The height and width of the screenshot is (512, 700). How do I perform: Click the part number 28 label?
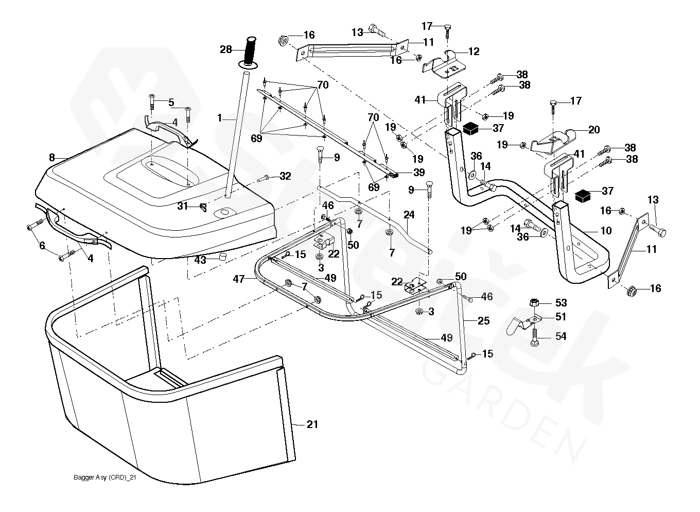tap(226, 49)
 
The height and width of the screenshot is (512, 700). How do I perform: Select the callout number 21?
tap(312, 424)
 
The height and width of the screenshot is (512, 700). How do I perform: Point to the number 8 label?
tap(51, 157)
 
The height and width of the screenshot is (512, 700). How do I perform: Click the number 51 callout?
tap(561, 317)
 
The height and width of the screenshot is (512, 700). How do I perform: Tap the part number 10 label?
tap(606, 231)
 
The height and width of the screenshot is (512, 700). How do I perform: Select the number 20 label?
tap(594, 130)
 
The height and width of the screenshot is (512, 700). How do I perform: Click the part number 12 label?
tap(474, 52)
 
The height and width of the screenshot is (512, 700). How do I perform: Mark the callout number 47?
tap(238, 279)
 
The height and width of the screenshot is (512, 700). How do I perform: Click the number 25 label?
tap(484, 321)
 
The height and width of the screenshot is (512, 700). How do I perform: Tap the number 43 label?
tap(200, 260)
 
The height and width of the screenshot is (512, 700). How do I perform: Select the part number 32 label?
tap(285, 176)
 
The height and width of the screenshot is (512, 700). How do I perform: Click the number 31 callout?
tap(183, 206)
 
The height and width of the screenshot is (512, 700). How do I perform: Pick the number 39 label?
tap(419, 173)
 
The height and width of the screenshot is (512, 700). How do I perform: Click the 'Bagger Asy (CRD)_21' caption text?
tap(105, 478)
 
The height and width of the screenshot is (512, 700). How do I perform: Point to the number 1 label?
tap(219, 118)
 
